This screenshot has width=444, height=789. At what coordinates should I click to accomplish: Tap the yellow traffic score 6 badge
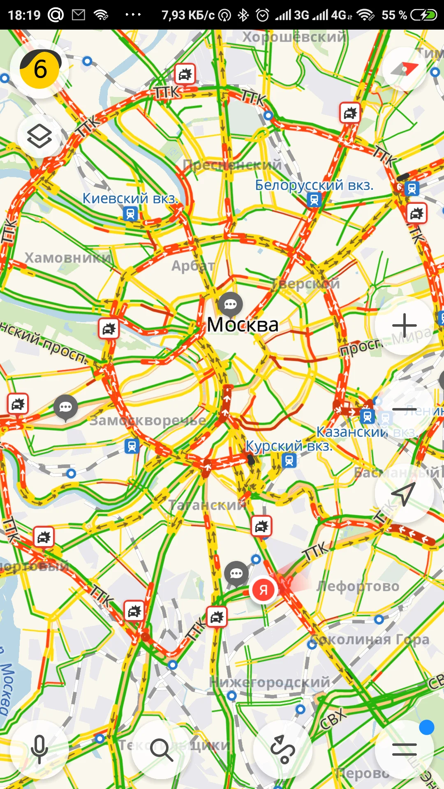(40, 69)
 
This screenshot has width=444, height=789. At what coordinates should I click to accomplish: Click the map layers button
(39, 136)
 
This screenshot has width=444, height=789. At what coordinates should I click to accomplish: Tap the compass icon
(405, 69)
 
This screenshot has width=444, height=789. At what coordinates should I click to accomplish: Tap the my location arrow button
(404, 493)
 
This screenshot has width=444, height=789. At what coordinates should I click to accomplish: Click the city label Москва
(243, 325)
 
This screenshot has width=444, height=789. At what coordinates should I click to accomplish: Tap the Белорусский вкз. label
(314, 185)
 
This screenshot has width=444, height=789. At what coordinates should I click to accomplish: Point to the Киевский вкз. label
(130, 198)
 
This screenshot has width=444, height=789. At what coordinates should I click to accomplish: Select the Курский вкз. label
(289, 446)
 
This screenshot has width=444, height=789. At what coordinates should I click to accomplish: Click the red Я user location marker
(264, 590)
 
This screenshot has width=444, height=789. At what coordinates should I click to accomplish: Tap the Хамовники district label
(68, 258)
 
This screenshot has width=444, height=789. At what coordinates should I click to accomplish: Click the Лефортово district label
(358, 586)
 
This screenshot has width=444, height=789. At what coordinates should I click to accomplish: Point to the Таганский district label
(207, 505)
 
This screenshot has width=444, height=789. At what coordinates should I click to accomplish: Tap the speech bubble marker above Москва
(230, 305)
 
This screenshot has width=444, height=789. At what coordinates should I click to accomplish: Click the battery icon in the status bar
(424, 15)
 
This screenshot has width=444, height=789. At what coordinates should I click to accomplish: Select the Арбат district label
(193, 266)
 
